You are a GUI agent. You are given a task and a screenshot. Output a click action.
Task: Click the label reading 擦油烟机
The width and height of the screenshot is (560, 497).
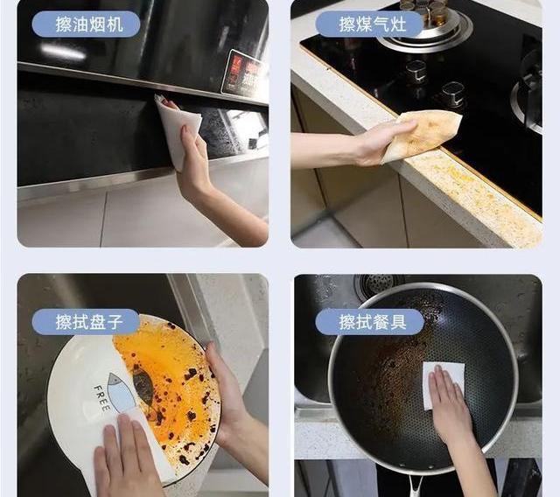[x=85, y=24]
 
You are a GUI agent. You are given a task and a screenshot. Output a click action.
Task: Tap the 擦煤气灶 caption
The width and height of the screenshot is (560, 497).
[x=368, y=24]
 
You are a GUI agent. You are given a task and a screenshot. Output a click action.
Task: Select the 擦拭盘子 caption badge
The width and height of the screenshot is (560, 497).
[x=85, y=322]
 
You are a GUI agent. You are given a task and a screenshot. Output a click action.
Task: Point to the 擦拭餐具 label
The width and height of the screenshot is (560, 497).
[x=368, y=322]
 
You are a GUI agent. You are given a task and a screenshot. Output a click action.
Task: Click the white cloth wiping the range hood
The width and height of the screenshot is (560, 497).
[x=175, y=129]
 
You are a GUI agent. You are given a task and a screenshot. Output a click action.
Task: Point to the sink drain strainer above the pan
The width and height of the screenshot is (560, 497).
[x=379, y=286]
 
